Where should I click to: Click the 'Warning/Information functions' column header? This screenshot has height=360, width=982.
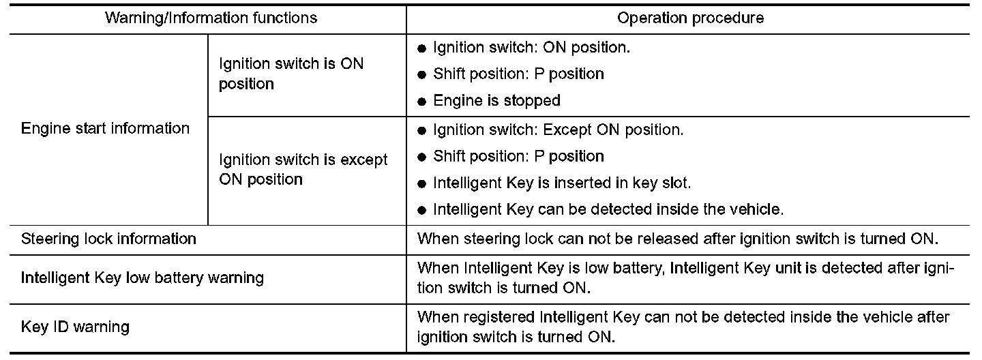click(211, 18)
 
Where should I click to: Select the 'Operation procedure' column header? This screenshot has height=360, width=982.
click(690, 18)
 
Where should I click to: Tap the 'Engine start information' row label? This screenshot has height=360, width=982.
click(106, 128)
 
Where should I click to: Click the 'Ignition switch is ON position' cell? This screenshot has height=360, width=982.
click(291, 74)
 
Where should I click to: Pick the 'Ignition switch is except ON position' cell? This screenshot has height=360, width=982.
click(303, 170)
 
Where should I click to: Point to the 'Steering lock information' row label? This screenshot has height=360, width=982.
click(109, 239)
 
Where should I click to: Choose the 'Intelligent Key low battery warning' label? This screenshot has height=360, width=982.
click(143, 277)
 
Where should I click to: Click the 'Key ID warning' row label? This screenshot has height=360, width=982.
click(75, 327)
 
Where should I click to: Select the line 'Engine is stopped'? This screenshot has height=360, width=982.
click(496, 100)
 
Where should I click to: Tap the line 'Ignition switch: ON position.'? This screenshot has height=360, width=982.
click(532, 48)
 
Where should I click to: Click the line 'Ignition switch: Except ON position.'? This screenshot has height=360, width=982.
click(558, 129)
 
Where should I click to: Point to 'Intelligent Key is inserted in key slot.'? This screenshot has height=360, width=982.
click(562, 183)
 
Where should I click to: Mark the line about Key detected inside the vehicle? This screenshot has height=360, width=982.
click(608, 209)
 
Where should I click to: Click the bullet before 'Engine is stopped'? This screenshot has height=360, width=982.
click(421, 102)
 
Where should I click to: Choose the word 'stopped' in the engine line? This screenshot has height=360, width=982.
click(533, 100)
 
